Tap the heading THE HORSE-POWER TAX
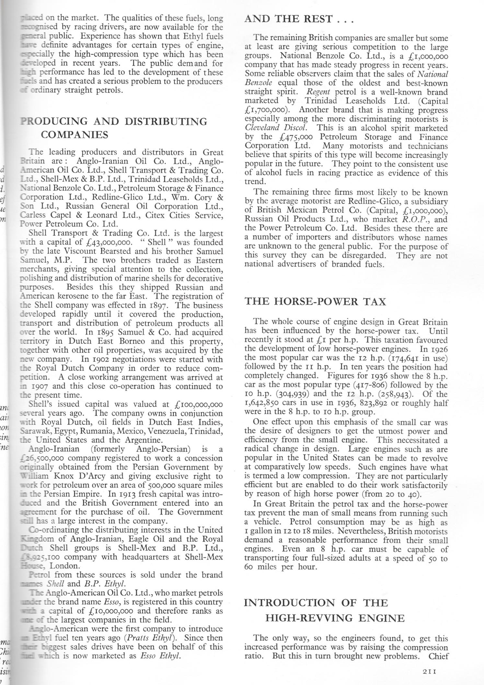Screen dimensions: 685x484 coord(315,301)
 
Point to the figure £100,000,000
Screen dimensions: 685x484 coord(198,404)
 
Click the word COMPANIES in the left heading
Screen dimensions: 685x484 coord(75,135)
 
